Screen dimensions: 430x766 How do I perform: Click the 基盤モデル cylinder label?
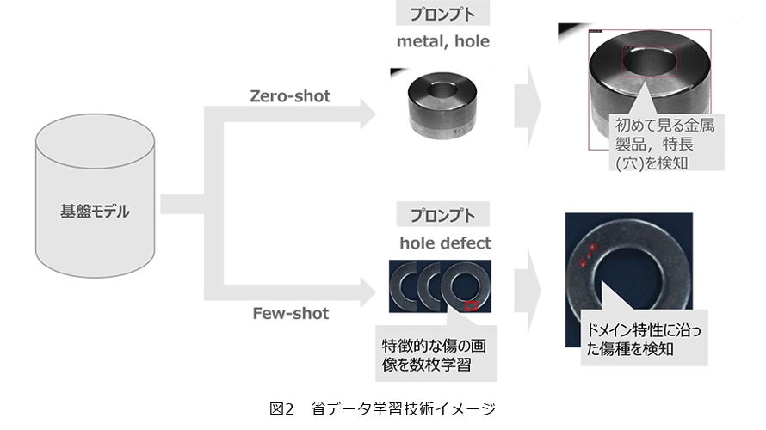click(x=95, y=211)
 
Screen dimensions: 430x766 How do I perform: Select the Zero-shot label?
click(x=289, y=96)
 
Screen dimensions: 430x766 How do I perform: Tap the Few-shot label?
click(x=289, y=313)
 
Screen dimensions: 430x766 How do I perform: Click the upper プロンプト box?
click(x=442, y=15)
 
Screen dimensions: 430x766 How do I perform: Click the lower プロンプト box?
click(x=442, y=214)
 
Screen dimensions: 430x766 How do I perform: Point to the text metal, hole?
click(x=442, y=41)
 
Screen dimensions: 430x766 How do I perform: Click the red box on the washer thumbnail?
click(x=470, y=304)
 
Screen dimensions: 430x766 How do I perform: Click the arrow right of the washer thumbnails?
click(x=529, y=292)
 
